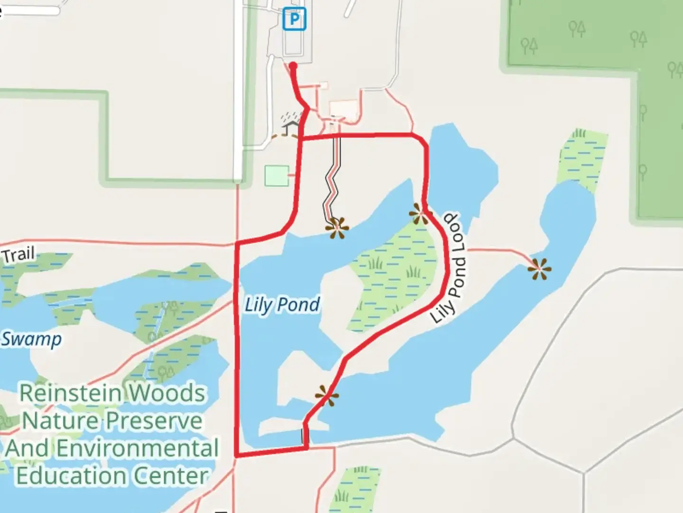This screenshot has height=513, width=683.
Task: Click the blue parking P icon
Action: coord(294,19)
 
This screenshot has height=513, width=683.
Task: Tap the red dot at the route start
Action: coord(293,66)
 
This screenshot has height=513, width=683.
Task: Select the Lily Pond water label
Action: coord(282,304)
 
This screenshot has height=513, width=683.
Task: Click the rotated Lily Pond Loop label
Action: coord(449,268)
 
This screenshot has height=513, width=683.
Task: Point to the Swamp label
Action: coord(31,339)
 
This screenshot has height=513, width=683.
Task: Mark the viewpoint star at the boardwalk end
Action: coord(337,228)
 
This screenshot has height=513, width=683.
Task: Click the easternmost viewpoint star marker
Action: coord(539,269)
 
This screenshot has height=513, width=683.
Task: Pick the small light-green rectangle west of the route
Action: coord(277,175)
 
